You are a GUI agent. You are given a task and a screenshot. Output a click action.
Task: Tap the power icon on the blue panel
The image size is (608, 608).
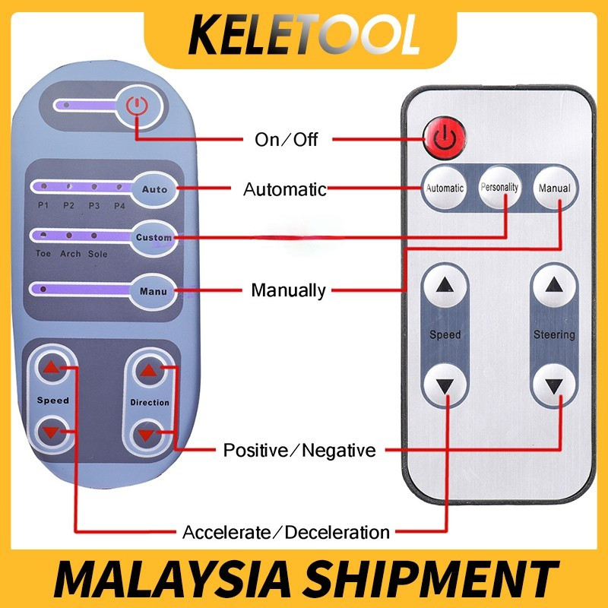click(137, 107)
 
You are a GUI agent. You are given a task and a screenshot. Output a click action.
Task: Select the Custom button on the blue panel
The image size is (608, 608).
click(154, 237)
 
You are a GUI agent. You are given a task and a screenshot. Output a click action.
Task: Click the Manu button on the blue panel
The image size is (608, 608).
click(154, 290)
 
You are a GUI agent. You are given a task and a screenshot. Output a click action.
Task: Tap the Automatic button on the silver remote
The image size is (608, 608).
click(445, 188)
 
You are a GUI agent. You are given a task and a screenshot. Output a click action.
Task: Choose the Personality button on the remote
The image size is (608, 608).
click(499, 186)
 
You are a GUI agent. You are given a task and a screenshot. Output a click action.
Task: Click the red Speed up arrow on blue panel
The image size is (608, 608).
click(51, 369)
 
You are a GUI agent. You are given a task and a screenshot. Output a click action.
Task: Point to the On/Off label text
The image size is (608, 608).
click(286, 140)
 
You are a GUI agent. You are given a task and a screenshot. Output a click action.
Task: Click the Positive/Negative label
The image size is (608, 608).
click(299, 451)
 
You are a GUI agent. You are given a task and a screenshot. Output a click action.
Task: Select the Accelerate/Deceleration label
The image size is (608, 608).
click(286, 532)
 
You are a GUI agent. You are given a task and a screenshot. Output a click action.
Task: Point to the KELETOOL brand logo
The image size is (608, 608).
click(304, 34)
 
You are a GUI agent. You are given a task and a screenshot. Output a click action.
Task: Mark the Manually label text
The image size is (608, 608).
click(289, 290)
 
